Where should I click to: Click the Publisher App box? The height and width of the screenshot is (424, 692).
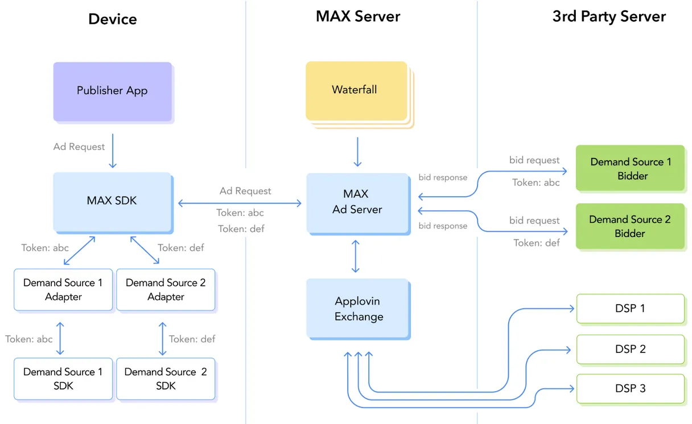[x=112, y=91]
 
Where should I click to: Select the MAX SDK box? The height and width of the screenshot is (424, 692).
[x=112, y=201]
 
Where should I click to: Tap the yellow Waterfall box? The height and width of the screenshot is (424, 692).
[x=355, y=90]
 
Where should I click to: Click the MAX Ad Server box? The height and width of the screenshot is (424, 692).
[x=357, y=202]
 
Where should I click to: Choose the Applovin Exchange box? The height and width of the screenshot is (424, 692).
[x=358, y=309]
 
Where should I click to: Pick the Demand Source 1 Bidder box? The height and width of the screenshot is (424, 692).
[x=630, y=168]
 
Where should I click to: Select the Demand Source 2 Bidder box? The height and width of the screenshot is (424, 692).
[x=629, y=226]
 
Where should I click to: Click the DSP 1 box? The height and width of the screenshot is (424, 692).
[x=630, y=309]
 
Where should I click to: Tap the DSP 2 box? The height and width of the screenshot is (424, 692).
[x=630, y=349]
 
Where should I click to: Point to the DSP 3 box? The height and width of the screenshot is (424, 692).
[x=630, y=389]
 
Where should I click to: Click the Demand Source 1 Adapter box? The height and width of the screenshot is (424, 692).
[x=63, y=290]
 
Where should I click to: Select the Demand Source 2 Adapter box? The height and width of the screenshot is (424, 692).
[x=166, y=290]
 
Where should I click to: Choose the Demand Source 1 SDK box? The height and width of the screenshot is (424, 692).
[x=63, y=379]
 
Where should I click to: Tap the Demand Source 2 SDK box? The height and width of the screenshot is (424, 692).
[x=166, y=379]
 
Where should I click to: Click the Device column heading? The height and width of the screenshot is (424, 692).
[x=112, y=19]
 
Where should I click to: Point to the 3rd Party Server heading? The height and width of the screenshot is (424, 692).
[x=608, y=16]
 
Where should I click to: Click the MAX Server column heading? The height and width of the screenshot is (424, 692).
[x=358, y=16]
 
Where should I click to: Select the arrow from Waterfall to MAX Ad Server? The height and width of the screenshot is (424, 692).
[x=357, y=151]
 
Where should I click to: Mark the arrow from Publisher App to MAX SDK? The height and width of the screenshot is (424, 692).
[x=113, y=151]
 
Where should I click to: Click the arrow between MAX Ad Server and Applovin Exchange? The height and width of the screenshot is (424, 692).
[x=356, y=256]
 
